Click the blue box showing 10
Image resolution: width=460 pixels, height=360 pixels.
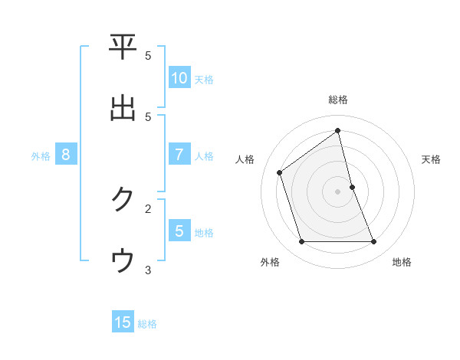click(x=179, y=78)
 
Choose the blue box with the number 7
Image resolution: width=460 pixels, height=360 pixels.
click(x=179, y=155)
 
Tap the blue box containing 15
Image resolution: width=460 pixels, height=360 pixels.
click(x=123, y=322)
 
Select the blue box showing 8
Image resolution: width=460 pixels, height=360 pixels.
click(x=66, y=155)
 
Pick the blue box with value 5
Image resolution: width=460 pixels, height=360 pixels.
click(x=179, y=231)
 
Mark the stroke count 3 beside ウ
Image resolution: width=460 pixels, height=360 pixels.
click(x=148, y=270)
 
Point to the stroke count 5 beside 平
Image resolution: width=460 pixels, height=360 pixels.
click(x=148, y=56)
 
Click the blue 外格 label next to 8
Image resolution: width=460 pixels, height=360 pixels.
click(x=41, y=155)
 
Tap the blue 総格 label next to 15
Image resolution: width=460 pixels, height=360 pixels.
click(x=147, y=324)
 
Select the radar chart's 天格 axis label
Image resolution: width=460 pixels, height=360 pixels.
click(x=432, y=159)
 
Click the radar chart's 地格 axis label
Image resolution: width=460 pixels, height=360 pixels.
click(x=402, y=262)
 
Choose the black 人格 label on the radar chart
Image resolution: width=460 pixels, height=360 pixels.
click(x=245, y=159)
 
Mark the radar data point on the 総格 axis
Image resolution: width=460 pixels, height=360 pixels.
click(x=338, y=130)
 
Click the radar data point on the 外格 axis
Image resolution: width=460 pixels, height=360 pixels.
click(x=301, y=242)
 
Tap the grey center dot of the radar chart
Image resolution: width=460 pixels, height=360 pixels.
click(x=338, y=191)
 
